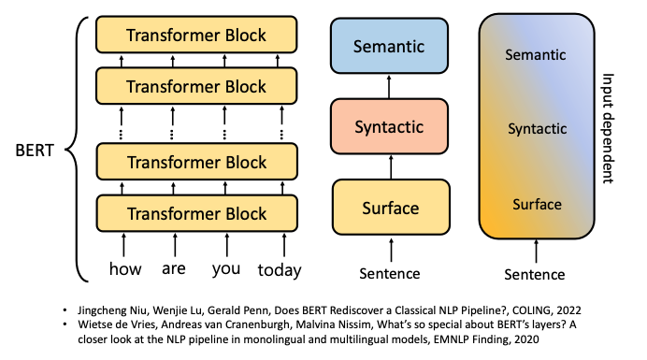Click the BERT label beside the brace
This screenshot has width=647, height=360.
35,151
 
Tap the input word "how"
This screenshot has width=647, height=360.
125,268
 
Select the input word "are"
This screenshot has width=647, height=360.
174,268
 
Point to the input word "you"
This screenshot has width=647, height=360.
226,269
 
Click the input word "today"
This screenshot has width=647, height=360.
280,270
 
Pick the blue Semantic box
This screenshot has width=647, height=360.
389,46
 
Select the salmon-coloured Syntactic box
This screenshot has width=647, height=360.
389,126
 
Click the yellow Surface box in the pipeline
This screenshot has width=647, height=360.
391,208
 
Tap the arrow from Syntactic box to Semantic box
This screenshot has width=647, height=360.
389,86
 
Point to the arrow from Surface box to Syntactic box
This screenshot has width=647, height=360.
391,166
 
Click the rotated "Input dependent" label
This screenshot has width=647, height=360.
609,128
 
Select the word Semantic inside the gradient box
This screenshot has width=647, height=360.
536,54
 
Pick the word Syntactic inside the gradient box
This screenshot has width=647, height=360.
538,129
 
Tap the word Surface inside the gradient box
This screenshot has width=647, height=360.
537,205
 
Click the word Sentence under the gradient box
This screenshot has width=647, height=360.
535,275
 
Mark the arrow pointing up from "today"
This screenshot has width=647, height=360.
284,245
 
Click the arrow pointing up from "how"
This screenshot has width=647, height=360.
123,245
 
